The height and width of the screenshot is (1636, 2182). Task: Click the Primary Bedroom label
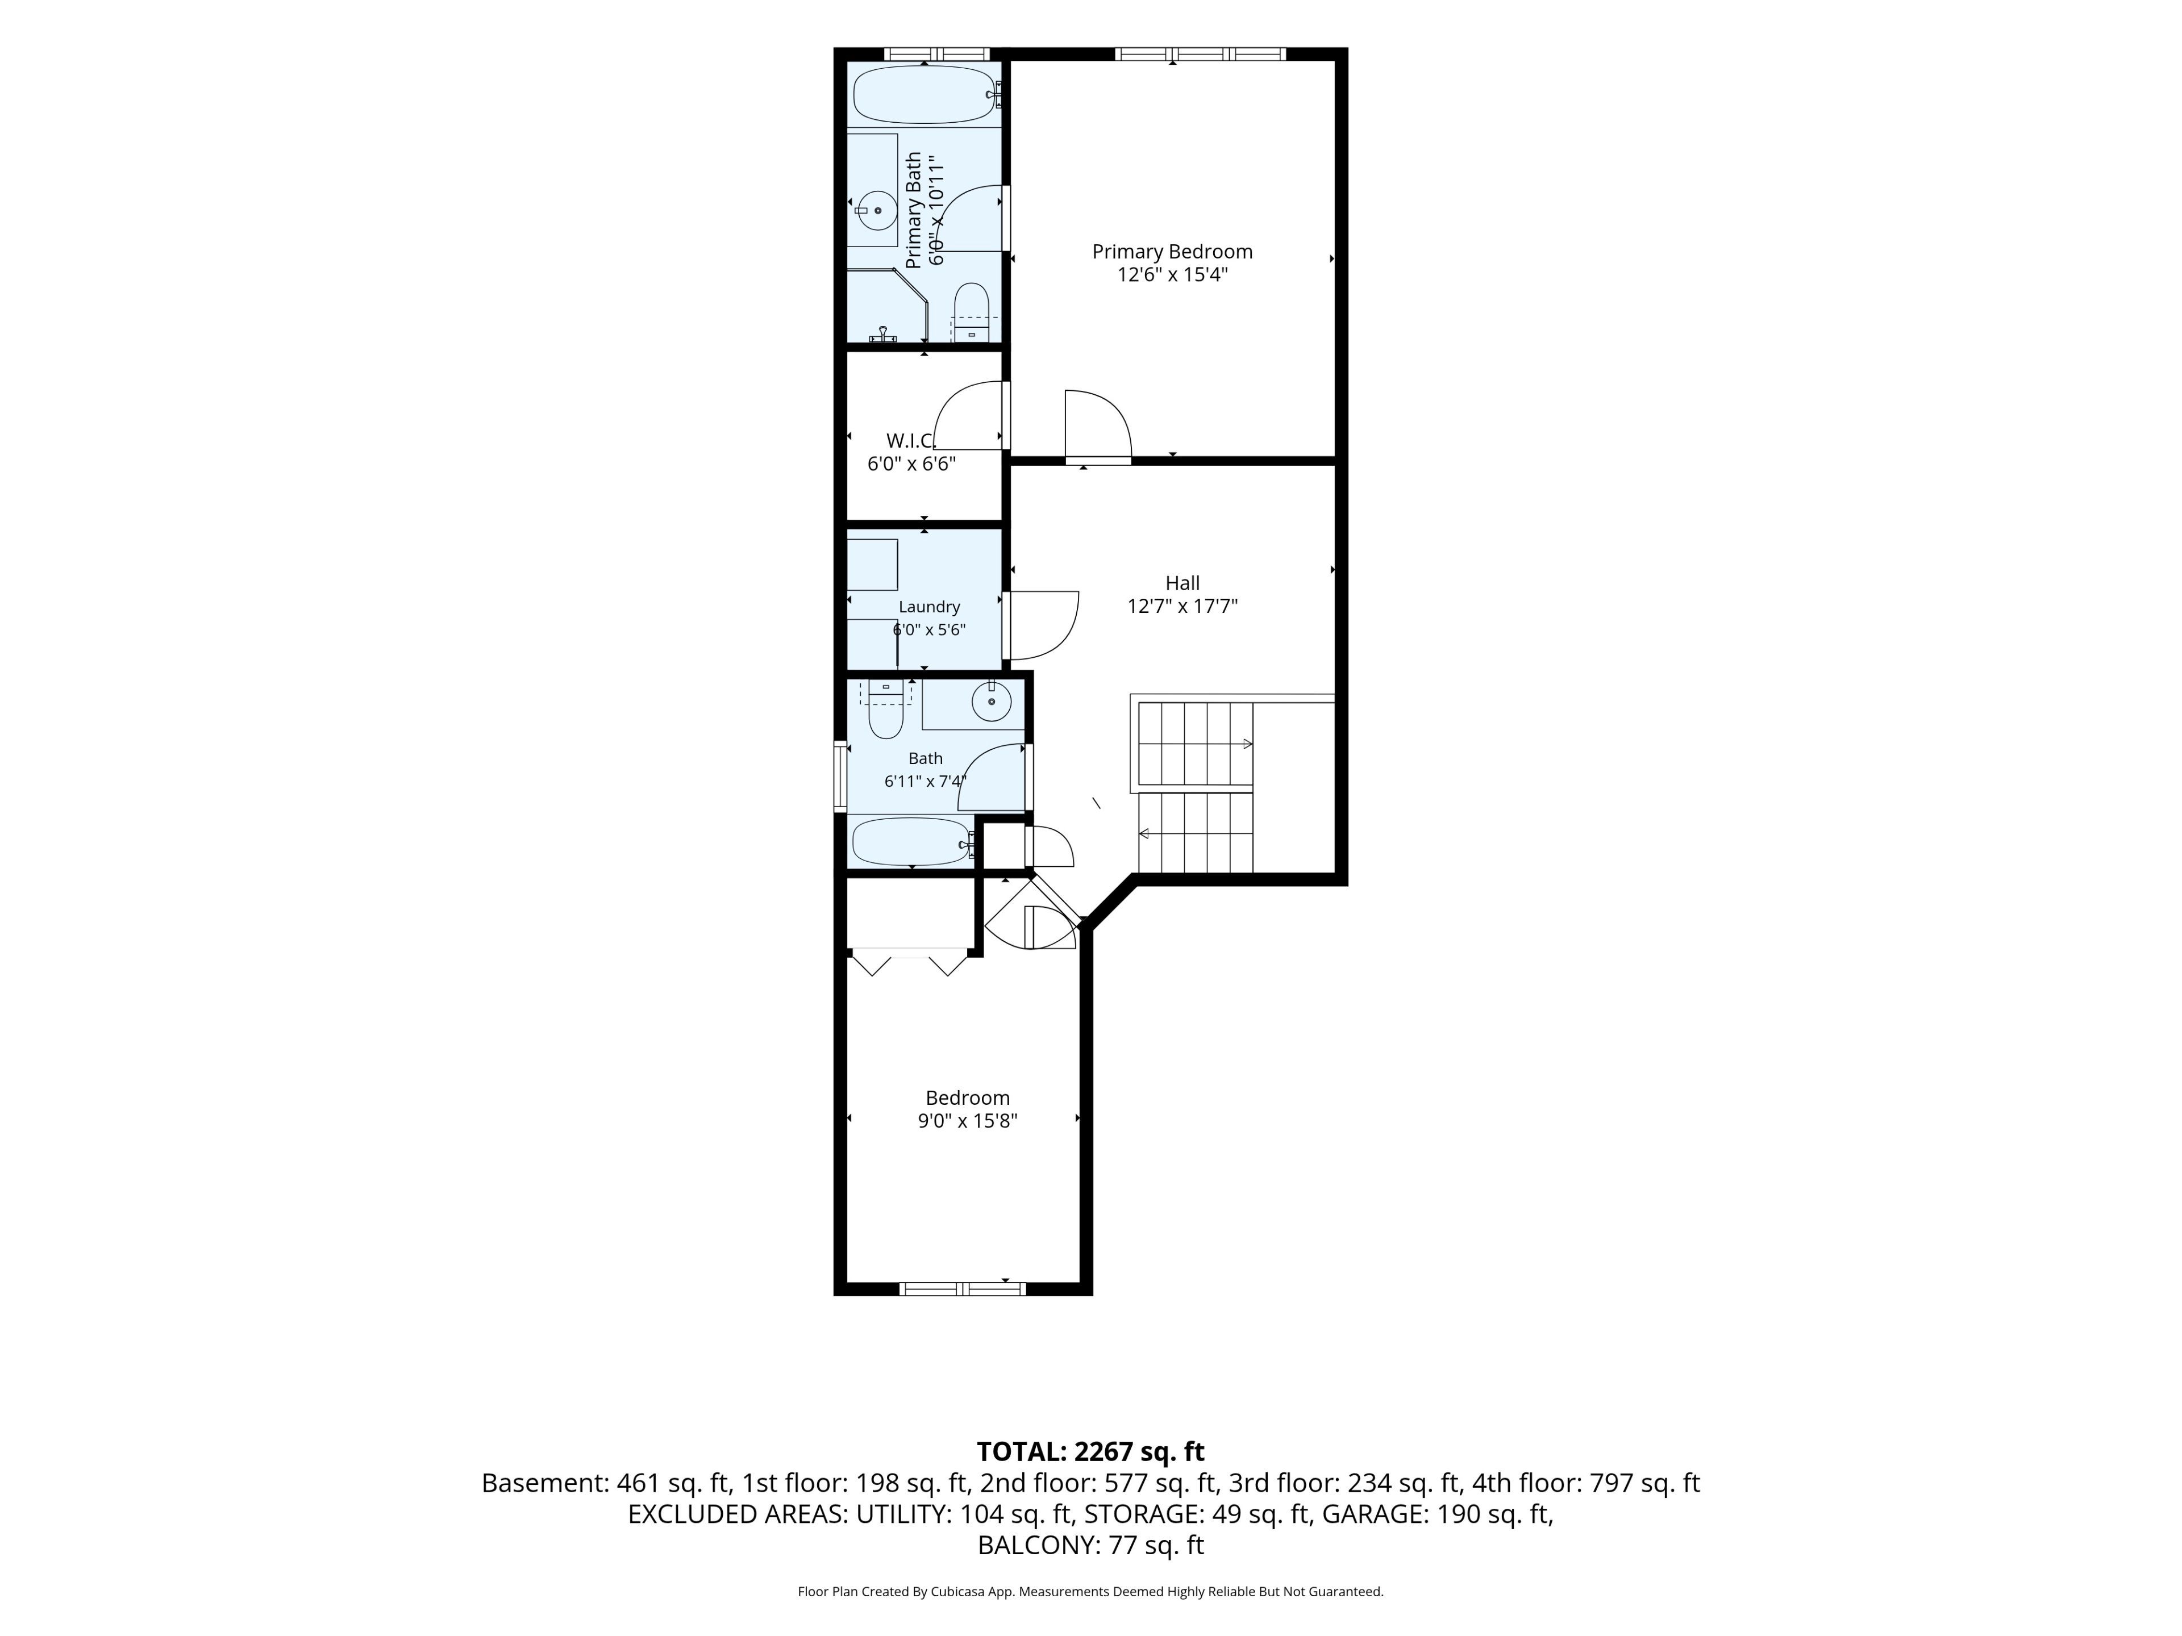click(x=1172, y=252)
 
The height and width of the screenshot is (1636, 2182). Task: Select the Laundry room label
click(x=929, y=607)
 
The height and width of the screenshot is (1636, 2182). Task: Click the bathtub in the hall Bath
click(x=913, y=841)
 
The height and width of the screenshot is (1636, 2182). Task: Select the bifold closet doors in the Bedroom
click(x=910, y=962)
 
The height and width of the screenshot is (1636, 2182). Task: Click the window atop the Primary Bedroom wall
click(x=1201, y=54)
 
